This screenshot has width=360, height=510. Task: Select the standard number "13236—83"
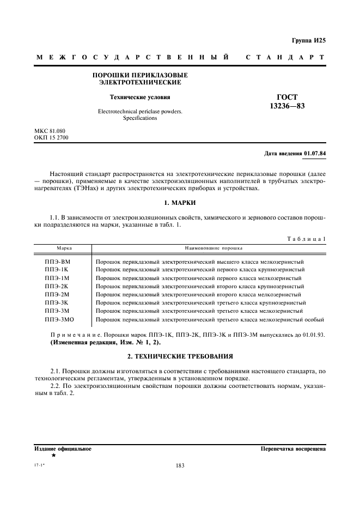click(x=287, y=106)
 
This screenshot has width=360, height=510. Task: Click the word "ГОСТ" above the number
click(x=287, y=98)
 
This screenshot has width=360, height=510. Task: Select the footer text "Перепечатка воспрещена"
click(x=293, y=449)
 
